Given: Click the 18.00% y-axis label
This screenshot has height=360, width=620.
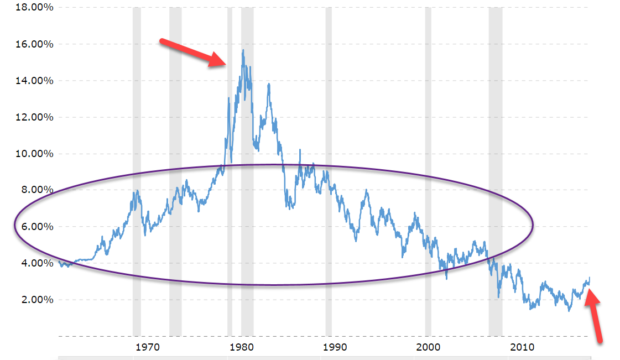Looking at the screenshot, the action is (x=34, y=8).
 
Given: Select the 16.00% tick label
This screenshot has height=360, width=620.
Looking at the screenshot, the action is (x=34, y=44).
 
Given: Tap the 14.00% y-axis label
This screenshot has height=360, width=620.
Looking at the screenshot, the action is (x=34, y=81).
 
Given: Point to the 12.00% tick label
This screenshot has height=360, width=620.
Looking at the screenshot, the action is (x=34, y=117).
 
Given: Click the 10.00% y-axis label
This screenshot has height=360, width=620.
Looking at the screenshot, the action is (x=34, y=154).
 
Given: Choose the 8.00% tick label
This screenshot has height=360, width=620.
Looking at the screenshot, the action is (x=37, y=190).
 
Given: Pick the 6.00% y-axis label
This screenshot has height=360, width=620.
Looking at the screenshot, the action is (x=37, y=226).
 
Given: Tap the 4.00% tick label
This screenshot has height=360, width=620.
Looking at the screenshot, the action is (x=37, y=263).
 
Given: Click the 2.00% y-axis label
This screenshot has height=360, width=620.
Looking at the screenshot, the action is (x=37, y=300).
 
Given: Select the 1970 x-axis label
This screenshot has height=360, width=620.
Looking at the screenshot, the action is (x=148, y=347).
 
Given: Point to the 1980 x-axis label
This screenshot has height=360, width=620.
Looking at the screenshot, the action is (x=241, y=347).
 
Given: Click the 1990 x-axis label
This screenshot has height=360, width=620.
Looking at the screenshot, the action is (x=335, y=347).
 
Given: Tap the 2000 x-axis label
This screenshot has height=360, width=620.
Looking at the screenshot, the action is (x=428, y=347).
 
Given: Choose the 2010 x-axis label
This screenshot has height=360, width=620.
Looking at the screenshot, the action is (x=522, y=347).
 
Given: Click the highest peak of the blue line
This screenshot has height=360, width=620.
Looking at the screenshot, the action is (x=243, y=50).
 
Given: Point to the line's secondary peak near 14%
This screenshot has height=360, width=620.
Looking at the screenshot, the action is (x=269, y=84).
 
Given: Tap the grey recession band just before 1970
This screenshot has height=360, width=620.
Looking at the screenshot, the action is (x=137, y=172).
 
